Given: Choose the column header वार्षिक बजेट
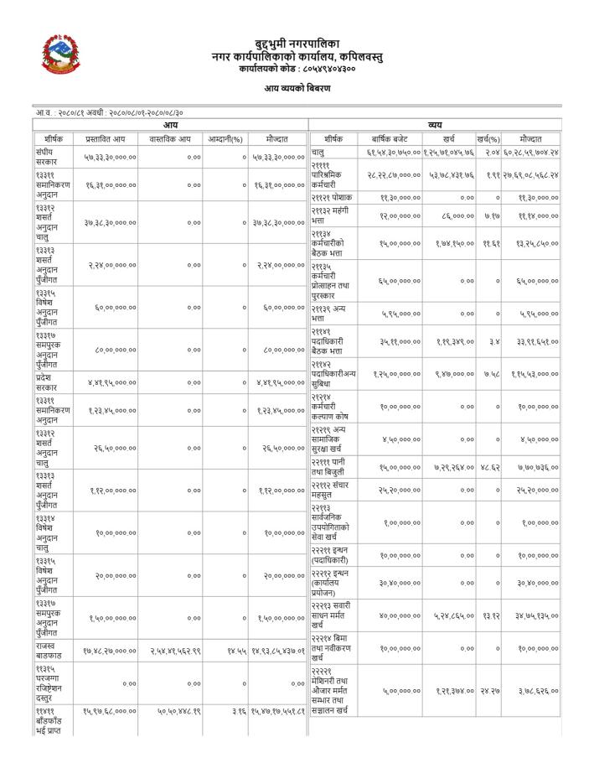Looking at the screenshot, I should coord(389,139).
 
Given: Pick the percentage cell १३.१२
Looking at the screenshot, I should coord(490,616).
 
